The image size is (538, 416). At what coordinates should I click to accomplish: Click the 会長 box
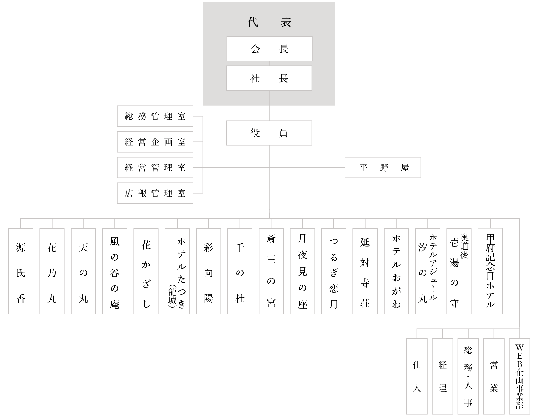click(x=269, y=49)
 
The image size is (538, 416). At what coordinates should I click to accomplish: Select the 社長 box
click(x=269, y=78)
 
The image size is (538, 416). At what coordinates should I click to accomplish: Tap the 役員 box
click(x=269, y=133)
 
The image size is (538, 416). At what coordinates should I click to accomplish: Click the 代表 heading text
click(x=269, y=22)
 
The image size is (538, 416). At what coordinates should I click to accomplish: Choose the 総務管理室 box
click(x=155, y=116)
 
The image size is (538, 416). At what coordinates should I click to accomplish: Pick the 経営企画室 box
click(x=155, y=142)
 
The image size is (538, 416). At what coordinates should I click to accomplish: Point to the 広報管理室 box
click(x=155, y=193)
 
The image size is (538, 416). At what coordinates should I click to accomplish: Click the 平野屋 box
click(x=383, y=168)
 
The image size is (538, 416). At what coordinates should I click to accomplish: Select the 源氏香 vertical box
click(x=21, y=271)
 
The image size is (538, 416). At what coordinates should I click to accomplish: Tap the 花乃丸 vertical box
click(x=52, y=271)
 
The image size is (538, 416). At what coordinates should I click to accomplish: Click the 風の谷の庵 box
click(x=115, y=271)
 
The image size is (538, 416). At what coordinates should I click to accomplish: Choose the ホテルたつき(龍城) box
click(x=177, y=271)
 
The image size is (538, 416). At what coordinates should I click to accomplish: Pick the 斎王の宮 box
click(x=271, y=271)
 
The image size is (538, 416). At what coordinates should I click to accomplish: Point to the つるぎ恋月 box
click(x=334, y=271)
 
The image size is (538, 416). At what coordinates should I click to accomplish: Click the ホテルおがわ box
click(x=396, y=271)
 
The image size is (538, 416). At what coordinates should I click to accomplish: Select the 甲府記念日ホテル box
click(x=490, y=271)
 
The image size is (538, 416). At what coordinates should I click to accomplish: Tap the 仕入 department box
click(x=417, y=376)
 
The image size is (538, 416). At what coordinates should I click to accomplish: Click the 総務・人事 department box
click(x=468, y=376)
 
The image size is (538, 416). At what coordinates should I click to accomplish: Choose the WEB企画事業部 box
click(x=519, y=376)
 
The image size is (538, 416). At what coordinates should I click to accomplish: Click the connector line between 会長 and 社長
click(x=269, y=64)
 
